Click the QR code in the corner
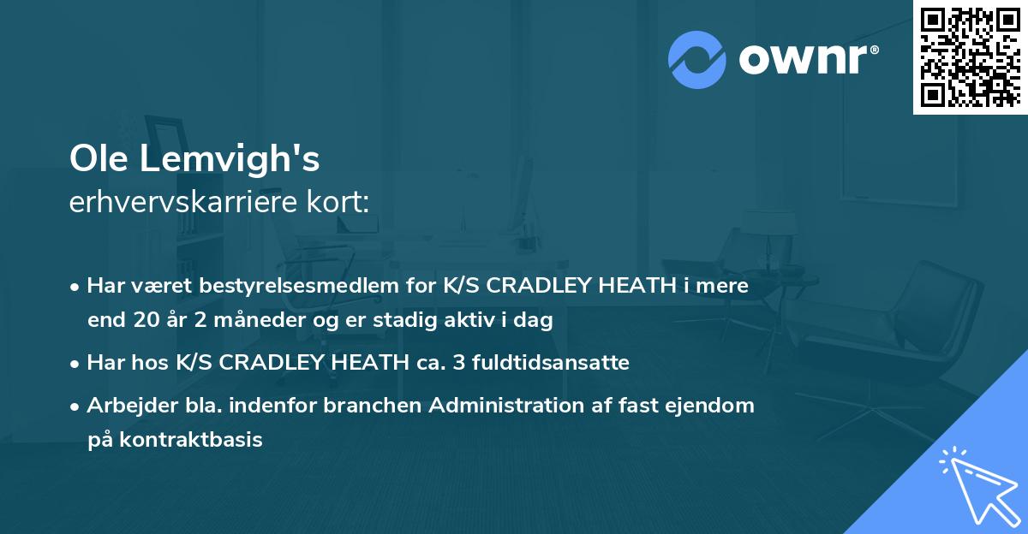point(970,57)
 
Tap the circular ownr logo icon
point(697,60)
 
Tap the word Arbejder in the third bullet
point(125,405)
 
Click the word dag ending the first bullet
point(535,321)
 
